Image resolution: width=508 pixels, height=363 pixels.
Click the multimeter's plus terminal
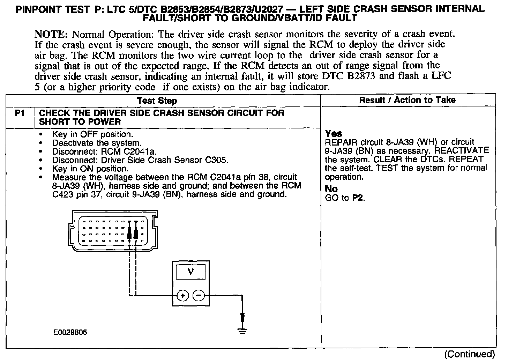[x=182, y=296]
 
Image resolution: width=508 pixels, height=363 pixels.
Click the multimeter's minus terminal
[x=199, y=296]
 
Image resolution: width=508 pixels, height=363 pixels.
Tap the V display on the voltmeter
[x=190, y=271]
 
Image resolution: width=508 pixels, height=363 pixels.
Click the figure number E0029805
[x=70, y=332]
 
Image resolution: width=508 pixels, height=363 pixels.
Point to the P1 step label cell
[x=20, y=113]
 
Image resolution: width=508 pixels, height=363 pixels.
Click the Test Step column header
[x=157, y=101]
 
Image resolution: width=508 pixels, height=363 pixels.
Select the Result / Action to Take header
[x=407, y=100]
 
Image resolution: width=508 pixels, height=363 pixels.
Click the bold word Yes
[x=334, y=134]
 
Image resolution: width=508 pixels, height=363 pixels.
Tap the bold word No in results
[x=331, y=189]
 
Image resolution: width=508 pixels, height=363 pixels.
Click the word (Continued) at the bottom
[x=469, y=354]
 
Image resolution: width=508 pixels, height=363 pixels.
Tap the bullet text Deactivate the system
[x=97, y=143]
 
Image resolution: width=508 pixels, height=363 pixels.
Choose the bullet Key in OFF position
[x=92, y=134]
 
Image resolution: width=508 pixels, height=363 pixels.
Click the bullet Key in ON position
[x=90, y=169]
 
